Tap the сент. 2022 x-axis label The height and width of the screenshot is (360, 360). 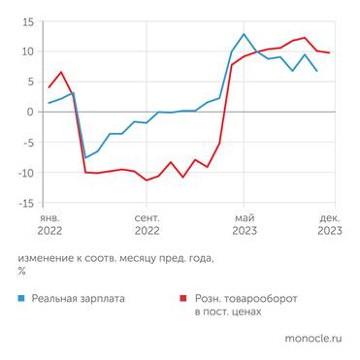click(x=147, y=225)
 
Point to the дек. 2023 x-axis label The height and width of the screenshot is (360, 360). click(x=329, y=225)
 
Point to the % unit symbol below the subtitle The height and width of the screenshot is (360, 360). click(x=21, y=272)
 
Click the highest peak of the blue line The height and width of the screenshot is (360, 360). click(x=244, y=34)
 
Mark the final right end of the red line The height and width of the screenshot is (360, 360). click(x=330, y=52)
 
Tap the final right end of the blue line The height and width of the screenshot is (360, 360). click(x=317, y=71)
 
